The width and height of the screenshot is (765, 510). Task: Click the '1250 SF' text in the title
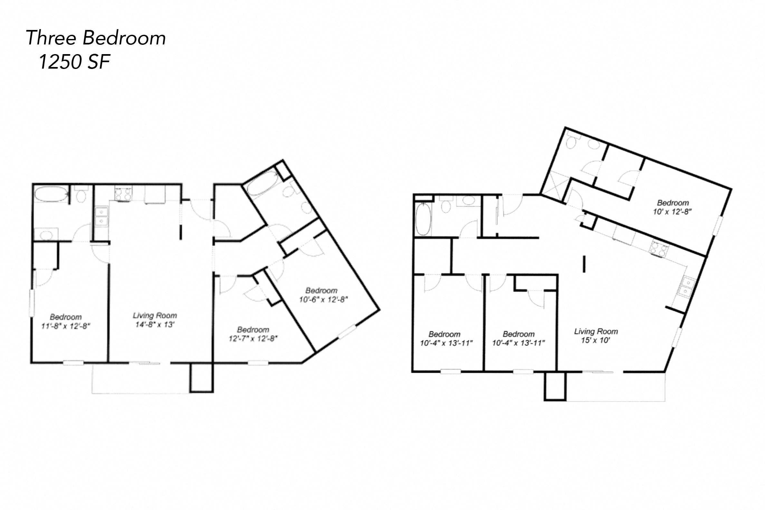[74, 62]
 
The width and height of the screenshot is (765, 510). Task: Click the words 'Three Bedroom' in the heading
[96, 38]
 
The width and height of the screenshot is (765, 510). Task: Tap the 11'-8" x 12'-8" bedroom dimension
[66, 326]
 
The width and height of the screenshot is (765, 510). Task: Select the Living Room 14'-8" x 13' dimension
[155, 324]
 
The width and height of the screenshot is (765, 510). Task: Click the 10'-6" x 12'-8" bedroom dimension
[323, 299]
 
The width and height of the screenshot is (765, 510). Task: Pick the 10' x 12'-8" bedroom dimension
[672, 212]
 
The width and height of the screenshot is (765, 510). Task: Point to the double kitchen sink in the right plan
[687, 286]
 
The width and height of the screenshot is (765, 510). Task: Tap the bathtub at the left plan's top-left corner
[51, 194]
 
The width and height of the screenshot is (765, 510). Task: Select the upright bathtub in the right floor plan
[423, 219]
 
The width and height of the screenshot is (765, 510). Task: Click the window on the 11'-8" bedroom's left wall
[32, 303]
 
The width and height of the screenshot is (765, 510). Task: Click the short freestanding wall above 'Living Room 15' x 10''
[584, 264]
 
